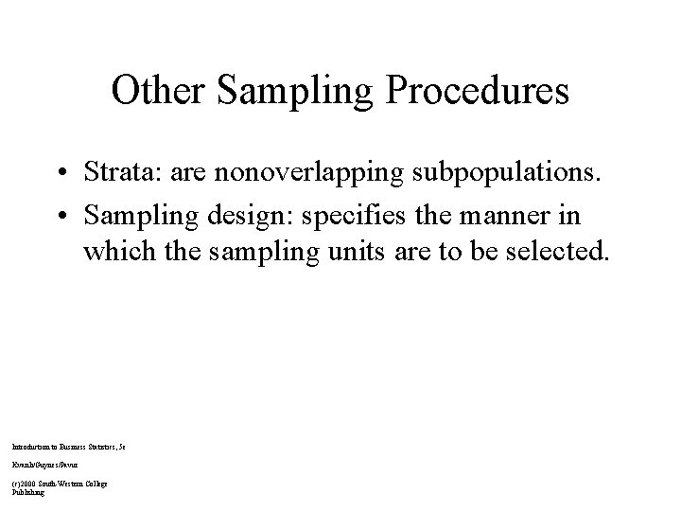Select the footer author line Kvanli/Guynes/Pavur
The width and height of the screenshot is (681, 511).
point(44,464)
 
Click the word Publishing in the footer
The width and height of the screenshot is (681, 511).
point(27,492)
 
